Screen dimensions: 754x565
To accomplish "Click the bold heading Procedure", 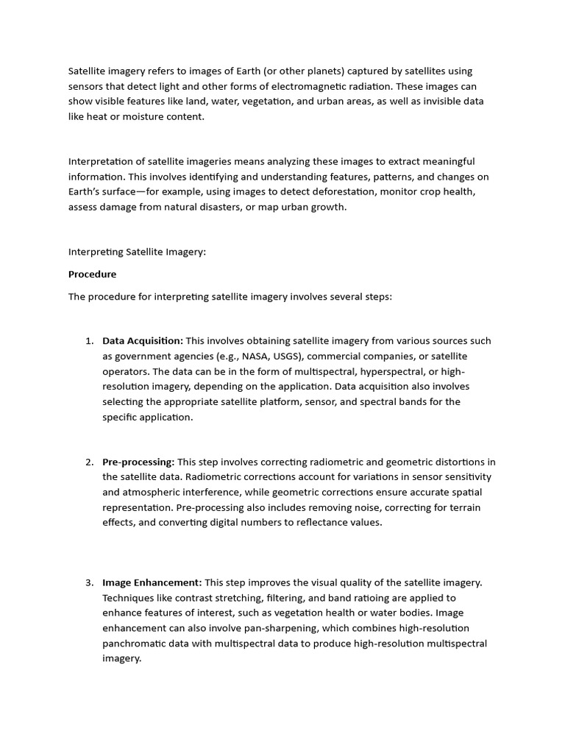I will pyautogui.click(x=92, y=274).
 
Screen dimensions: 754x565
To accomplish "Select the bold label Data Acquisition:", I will pyautogui.click(x=142, y=341).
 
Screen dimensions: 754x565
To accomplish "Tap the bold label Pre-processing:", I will pyautogui.click(x=138, y=462).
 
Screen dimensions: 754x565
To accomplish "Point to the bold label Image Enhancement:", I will pyautogui.click(x=152, y=582).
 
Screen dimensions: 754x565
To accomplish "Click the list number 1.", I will pyautogui.click(x=88, y=341).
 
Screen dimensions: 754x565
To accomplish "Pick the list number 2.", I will pyautogui.click(x=88, y=462).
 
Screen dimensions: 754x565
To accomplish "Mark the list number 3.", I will pyautogui.click(x=88, y=582).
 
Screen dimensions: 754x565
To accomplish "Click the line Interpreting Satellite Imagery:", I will pyautogui.click(x=138, y=252).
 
